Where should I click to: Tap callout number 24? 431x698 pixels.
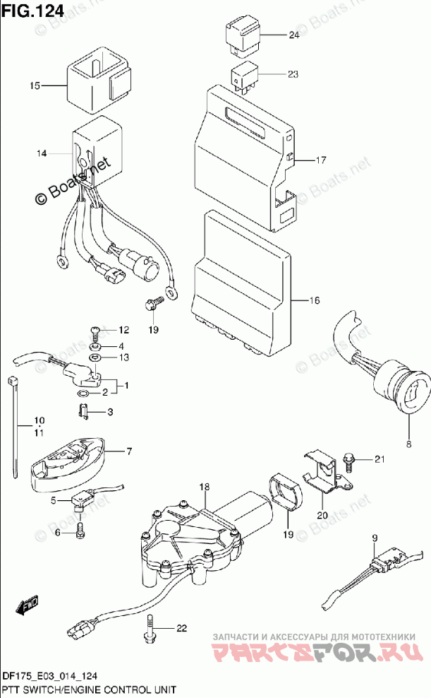(x=294, y=35)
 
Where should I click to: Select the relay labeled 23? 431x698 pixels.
(x=243, y=78)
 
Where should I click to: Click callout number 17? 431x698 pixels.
(x=320, y=160)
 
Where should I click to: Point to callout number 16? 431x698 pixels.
(x=314, y=300)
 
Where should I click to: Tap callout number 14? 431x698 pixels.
(x=42, y=153)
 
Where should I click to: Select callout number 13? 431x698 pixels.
(x=124, y=357)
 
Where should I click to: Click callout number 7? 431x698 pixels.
(x=129, y=451)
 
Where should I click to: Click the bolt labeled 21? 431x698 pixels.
(x=348, y=461)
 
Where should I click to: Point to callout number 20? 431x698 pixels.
(x=322, y=515)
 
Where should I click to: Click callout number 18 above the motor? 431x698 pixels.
(x=204, y=487)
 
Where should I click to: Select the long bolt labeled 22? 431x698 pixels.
(x=150, y=628)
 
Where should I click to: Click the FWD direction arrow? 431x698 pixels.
(x=27, y=605)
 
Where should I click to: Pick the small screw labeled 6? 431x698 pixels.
(x=80, y=530)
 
